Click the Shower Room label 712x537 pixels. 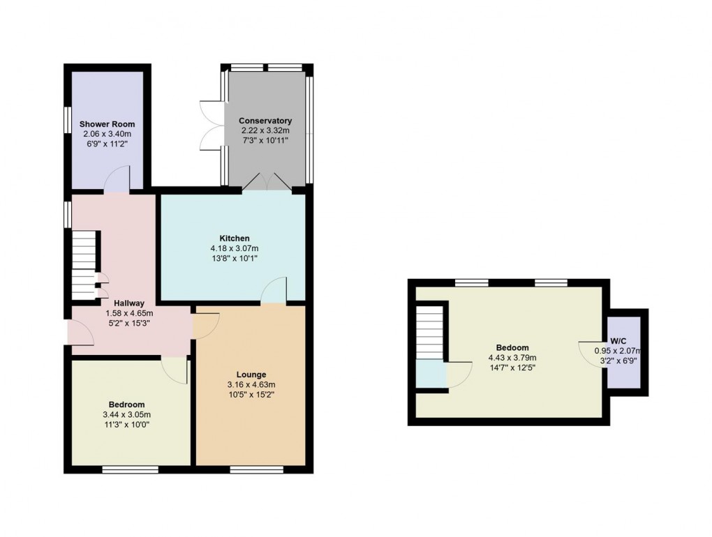pos(107,124)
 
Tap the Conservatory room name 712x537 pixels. pos(265,121)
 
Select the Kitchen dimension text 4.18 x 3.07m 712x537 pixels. pos(233,248)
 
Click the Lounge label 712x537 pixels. pos(251,375)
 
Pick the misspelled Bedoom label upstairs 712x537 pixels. pos(512,347)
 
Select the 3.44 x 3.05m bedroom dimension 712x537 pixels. pos(126,415)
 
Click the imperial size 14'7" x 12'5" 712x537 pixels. pos(512,368)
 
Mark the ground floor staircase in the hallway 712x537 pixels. pos(84,264)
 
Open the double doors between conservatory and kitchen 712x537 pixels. pos(265,183)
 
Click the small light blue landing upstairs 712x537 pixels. pos(430,374)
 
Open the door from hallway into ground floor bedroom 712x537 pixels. pos(175,368)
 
